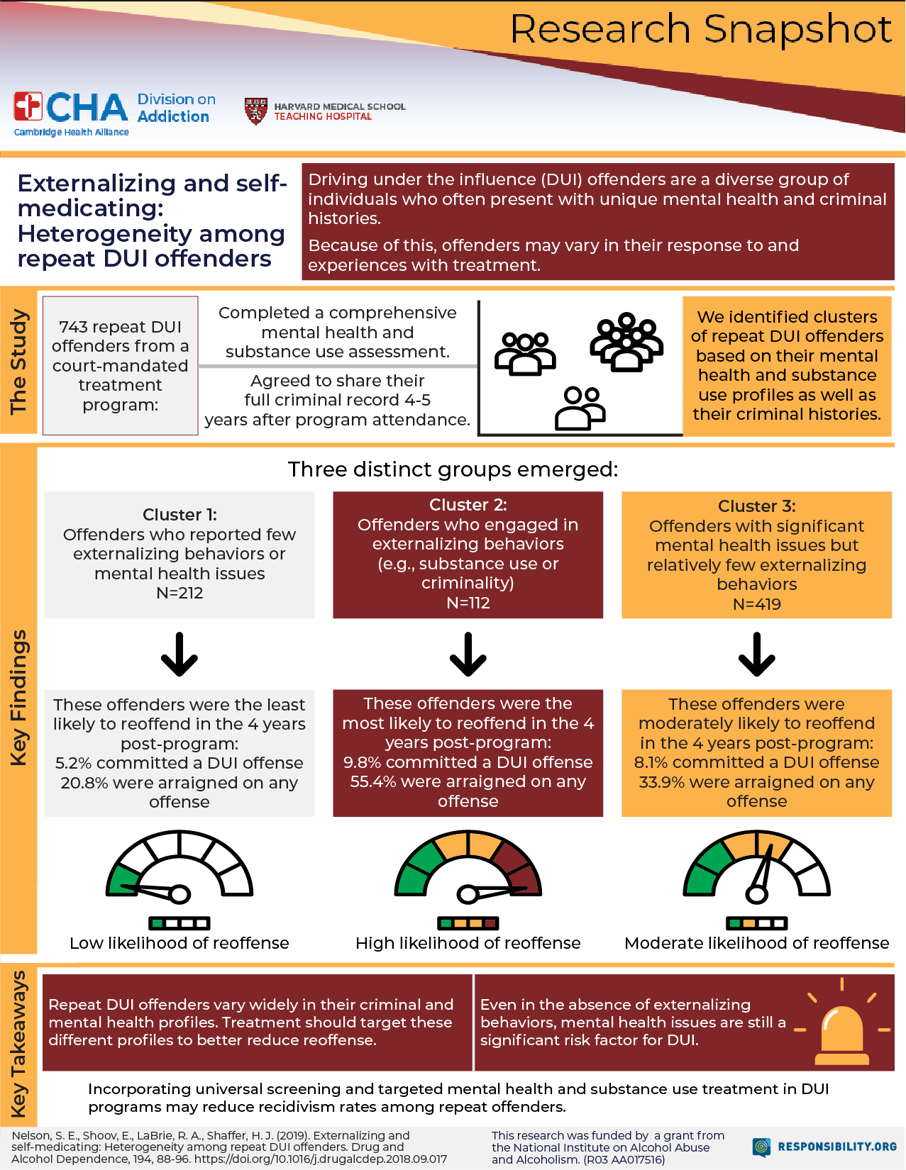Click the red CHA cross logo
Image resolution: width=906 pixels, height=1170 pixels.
(x=28, y=107)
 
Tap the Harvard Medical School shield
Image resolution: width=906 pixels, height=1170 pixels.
(x=255, y=111)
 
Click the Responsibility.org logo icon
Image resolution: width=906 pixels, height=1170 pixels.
(x=762, y=1147)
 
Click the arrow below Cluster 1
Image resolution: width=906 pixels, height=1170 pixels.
(x=179, y=654)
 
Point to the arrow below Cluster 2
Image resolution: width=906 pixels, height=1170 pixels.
(x=468, y=654)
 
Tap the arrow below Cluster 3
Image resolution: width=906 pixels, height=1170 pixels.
(x=757, y=654)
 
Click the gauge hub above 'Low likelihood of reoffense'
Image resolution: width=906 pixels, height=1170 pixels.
(x=179, y=894)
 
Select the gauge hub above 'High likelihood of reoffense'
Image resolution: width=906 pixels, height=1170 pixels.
(x=468, y=894)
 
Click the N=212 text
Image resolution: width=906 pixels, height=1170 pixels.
(x=179, y=593)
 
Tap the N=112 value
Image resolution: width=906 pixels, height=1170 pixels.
(x=468, y=603)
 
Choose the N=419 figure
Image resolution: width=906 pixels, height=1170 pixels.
(x=757, y=604)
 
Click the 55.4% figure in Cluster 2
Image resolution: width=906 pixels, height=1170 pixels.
(x=368, y=781)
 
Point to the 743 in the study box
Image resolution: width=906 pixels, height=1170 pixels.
(x=73, y=327)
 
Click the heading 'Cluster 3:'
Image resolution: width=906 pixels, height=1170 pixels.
(x=757, y=506)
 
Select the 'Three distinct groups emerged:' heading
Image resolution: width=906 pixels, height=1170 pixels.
(x=453, y=469)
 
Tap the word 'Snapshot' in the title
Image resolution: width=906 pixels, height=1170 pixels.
(x=797, y=30)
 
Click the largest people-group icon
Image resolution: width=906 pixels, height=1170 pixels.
(x=626, y=342)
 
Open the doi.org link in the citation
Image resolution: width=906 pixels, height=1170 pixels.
(x=321, y=1159)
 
